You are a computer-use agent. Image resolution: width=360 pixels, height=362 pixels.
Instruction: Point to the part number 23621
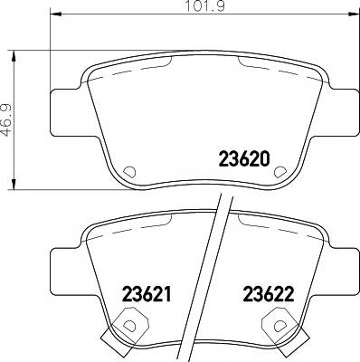[147, 294]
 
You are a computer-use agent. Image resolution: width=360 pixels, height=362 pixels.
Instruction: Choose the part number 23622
[269, 294]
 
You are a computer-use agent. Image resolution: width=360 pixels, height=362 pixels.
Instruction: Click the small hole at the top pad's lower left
[128, 171]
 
